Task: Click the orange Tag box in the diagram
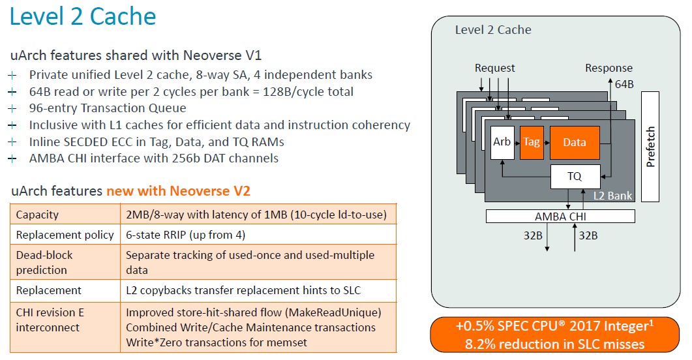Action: pyautogui.click(x=532, y=142)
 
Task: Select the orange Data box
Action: pyautogui.click(x=575, y=142)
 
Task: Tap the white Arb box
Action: pyautogui.click(x=502, y=142)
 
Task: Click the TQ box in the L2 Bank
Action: pyautogui.click(x=575, y=177)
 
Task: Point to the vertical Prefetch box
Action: pyautogui.click(x=650, y=147)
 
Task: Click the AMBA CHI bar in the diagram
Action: pyautogui.click(x=560, y=216)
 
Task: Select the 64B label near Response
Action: pyautogui.click(x=624, y=84)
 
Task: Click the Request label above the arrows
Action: pyautogui.click(x=495, y=68)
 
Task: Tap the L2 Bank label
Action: pyautogui.click(x=612, y=196)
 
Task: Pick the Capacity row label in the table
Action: pyautogui.click(x=37, y=215)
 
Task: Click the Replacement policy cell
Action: pyautogui.click(x=65, y=235)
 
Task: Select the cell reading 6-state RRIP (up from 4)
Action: pyautogui.click(x=185, y=235)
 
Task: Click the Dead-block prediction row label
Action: pyautogui.click(x=44, y=262)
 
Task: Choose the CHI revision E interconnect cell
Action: pyautogui.click(x=50, y=320)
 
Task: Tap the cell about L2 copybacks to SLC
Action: pyautogui.click(x=243, y=290)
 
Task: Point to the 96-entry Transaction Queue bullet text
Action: pyautogui.click(x=108, y=108)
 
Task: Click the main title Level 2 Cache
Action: pyautogui.click(x=83, y=17)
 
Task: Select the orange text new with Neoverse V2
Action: pyautogui.click(x=178, y=191)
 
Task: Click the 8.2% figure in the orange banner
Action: pyautogui.click(x=481, y=344)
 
